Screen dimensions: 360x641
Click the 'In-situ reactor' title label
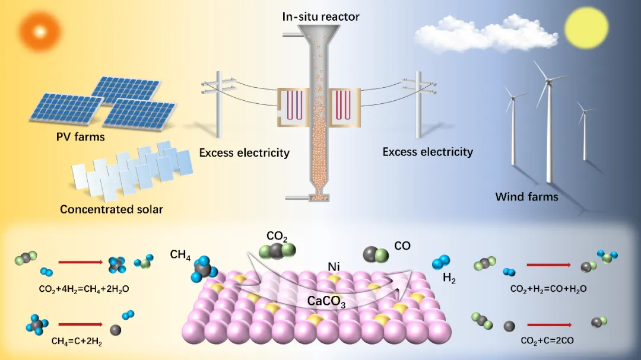[321, 15]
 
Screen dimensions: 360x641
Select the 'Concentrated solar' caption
[112, 209]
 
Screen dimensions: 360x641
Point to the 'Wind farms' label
[526, 196]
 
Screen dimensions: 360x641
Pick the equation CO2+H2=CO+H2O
[549, 289]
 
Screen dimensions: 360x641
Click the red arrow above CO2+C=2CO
[549, 324]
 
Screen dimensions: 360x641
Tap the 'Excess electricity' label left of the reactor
[244, 153]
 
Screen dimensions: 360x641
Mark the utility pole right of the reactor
[418, 104]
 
